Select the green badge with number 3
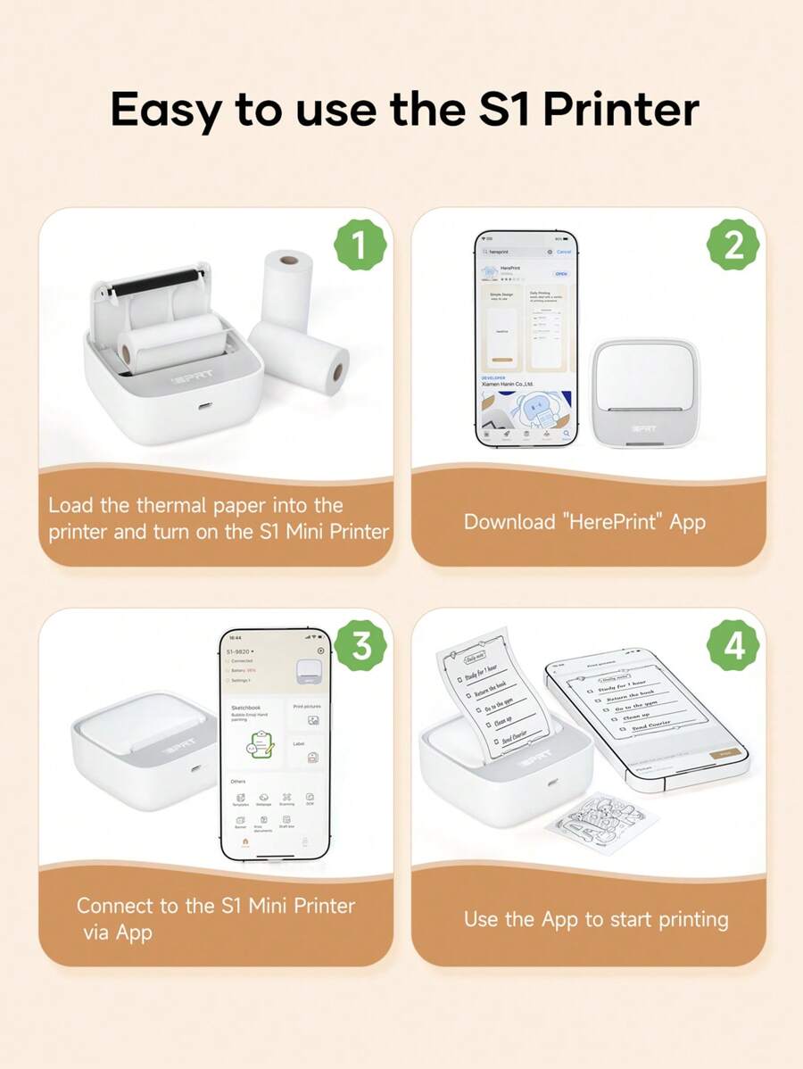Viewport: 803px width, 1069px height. (360, 646)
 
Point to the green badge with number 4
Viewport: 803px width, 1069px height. (733, 646)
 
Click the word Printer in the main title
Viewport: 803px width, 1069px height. (621, 110)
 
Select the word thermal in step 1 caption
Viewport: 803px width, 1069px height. (171, 505)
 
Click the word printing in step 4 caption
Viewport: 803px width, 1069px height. (680, 919)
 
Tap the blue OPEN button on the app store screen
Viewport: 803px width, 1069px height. (561, 274)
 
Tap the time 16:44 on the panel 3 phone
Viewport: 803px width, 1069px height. (234, 637)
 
